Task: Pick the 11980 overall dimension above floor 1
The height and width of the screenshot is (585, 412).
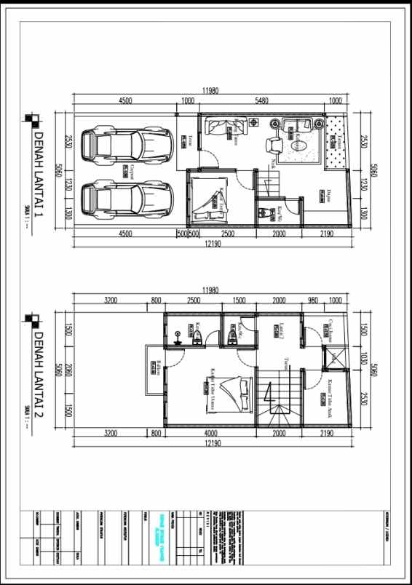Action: [x=211, y=92]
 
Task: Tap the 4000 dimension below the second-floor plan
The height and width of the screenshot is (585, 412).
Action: [x=211, y=433]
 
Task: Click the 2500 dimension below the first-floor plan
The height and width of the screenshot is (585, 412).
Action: [x=227, y=234]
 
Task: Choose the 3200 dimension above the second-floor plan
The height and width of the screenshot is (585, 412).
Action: [x=111, y=300]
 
